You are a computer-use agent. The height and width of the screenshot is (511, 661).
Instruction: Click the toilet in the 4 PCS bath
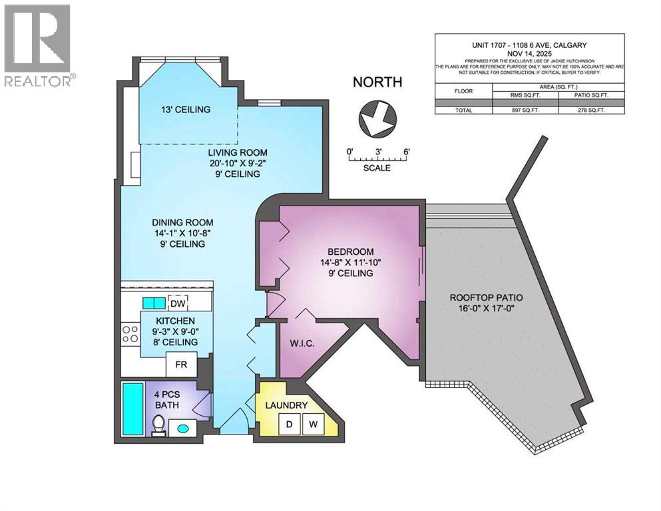[x=158, y=425]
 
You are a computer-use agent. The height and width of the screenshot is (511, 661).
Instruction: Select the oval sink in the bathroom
[x=182, y=428]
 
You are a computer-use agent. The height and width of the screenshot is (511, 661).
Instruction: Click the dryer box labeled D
[x=290, y=423]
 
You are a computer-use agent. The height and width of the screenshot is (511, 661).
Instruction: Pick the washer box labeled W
[x=312, y=423]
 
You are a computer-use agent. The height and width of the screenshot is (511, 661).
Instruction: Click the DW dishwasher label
[x=177, y=304]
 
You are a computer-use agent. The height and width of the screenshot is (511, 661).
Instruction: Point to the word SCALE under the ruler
[x=377, y=168]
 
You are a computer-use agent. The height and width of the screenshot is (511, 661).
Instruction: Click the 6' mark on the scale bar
[x=406, y=151]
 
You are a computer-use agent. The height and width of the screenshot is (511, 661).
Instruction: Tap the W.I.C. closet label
[x=301, y=345]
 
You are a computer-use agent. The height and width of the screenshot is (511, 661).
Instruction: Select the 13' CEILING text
[x=186, y=110]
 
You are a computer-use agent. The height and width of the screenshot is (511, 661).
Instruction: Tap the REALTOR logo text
[x=39, y=81]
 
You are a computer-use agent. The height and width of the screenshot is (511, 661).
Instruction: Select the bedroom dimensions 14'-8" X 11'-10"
[x=351, y=263]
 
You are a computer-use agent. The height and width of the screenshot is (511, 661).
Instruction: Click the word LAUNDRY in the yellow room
[x=286, y=405]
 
